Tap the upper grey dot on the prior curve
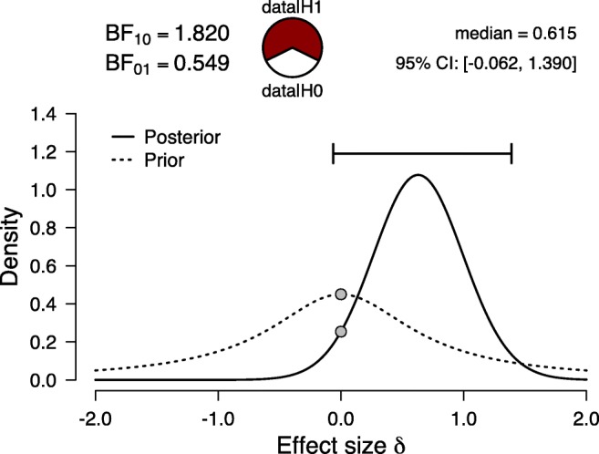point(341,294)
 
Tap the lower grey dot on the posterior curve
point(341,332)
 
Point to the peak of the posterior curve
point(418,175)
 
